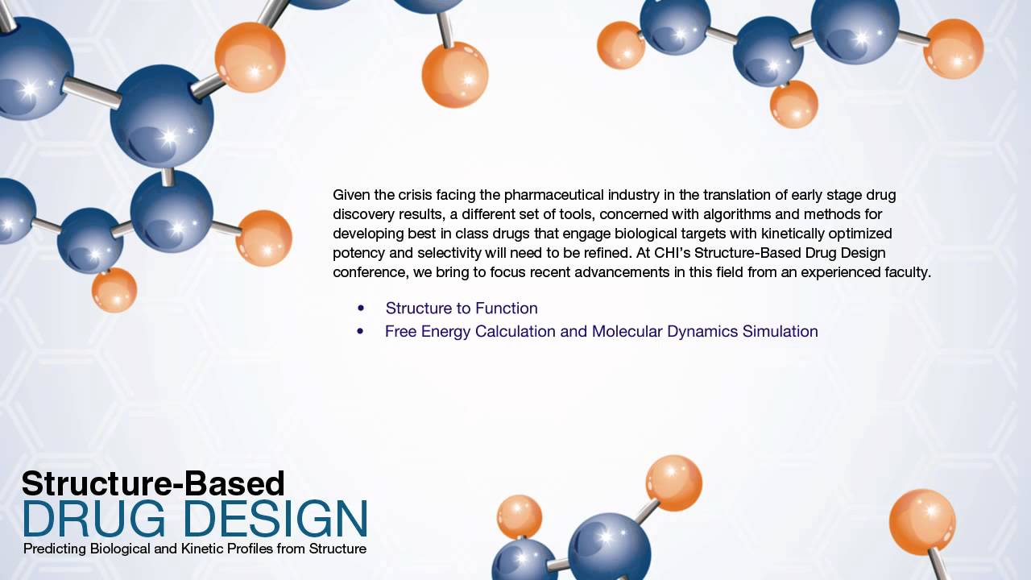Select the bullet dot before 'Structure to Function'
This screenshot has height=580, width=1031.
tap(361, 309)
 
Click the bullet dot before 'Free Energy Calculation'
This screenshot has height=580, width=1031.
tap(360, 331)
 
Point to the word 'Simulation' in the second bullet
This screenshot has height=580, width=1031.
tap(780, 331)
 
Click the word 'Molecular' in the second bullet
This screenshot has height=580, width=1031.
tap(626, 331)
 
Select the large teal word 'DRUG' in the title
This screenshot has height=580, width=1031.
tap(93, 519)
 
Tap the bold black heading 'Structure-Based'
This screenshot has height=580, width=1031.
tap(153, 483)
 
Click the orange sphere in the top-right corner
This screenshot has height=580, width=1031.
tap(953, 48)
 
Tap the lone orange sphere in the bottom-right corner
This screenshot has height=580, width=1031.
tap(922, 521)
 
